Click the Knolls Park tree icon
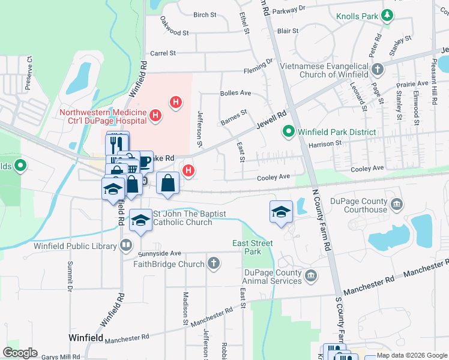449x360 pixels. [x=388, y=16]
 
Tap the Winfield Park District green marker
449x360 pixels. [x=288, y=131]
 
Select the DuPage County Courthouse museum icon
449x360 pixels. [x=396, y=205]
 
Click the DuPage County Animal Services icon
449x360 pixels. [x=311, y=275]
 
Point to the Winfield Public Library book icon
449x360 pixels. [x=126, y=244]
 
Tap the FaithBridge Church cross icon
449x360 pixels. [x=214, y=263]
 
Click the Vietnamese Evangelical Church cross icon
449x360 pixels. [x=378, y=70]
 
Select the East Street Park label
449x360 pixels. [x=253, y=247]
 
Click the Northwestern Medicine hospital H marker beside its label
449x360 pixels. [x=155, y=114]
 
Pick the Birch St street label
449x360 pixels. [x=205, y=15]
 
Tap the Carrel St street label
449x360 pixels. [x=163, y=53]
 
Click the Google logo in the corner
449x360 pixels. [x=20, y=353]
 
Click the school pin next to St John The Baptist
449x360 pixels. [x=141, y=220]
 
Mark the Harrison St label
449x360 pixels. [x=325, y=143]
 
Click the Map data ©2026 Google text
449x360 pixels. [x=412, y=355]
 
